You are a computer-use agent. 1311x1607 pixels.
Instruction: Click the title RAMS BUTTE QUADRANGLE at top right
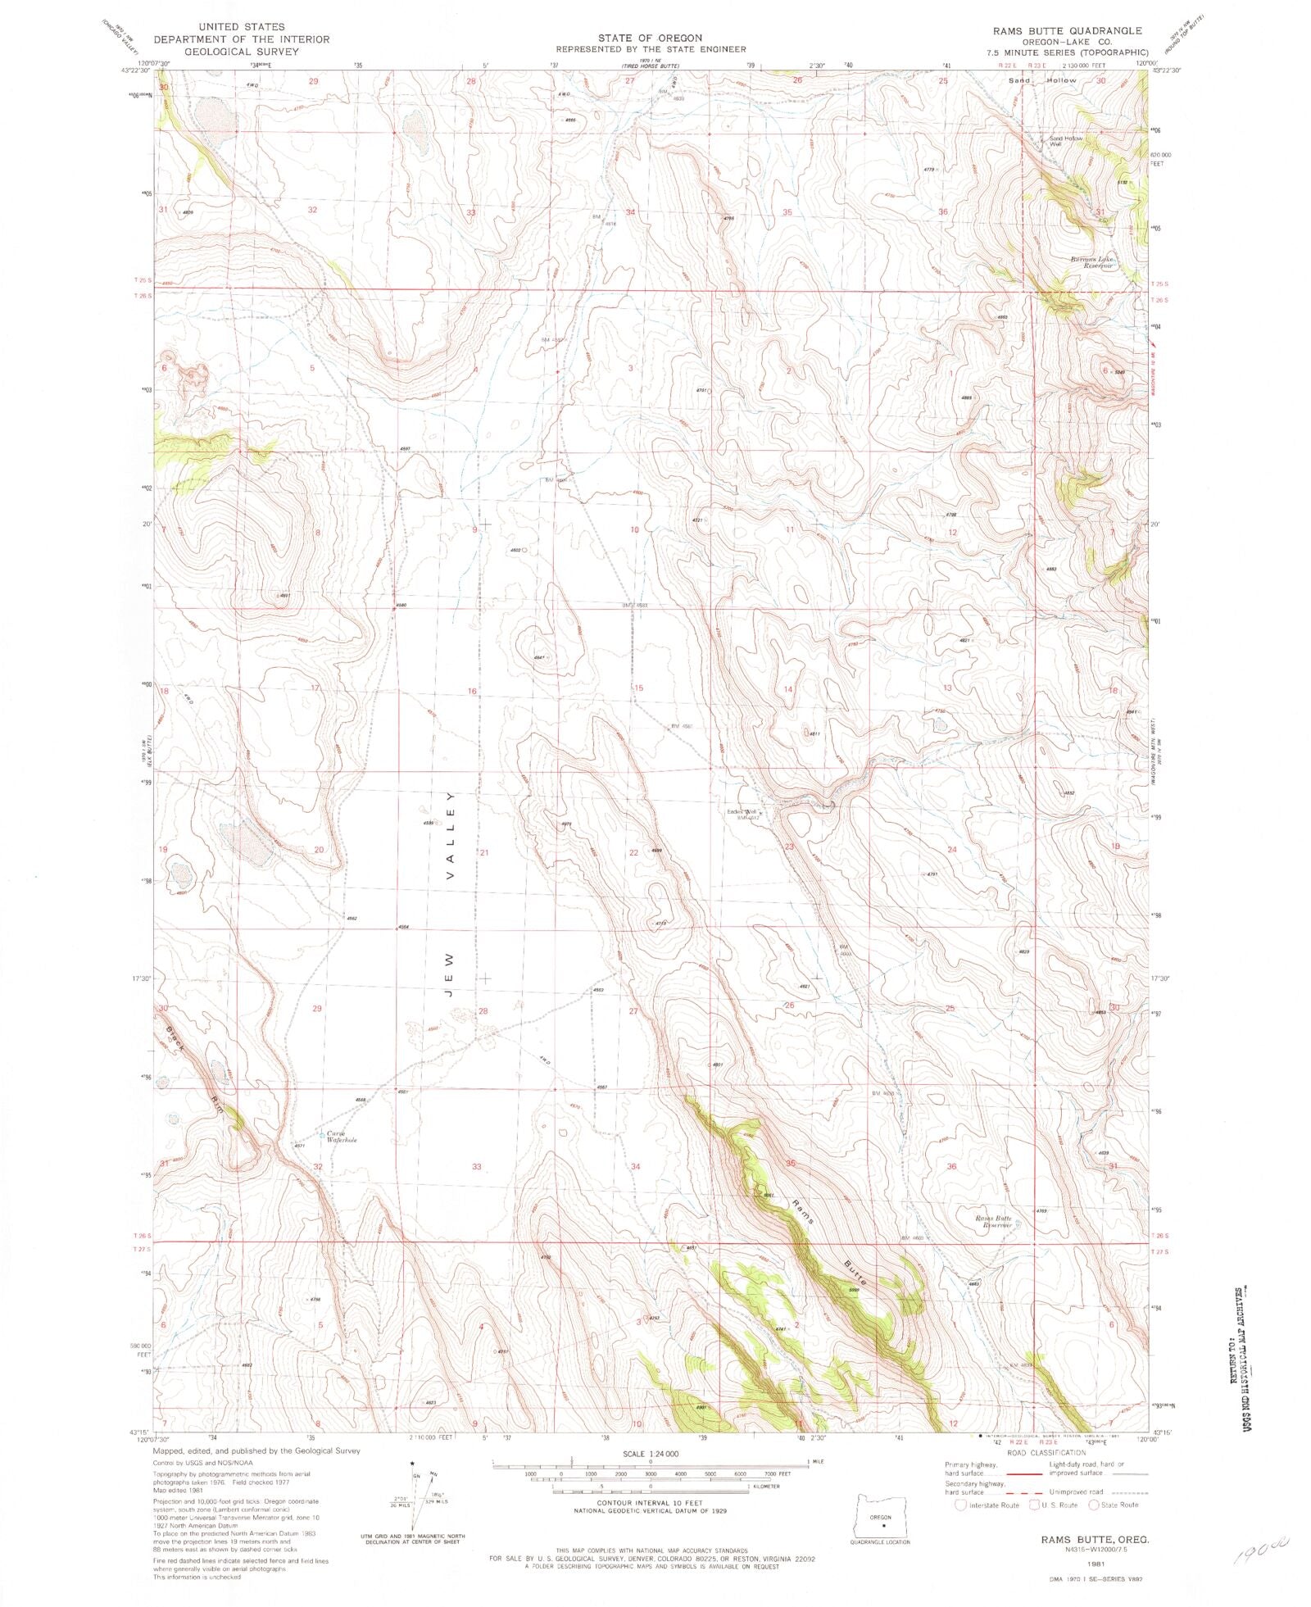pos(1066,30)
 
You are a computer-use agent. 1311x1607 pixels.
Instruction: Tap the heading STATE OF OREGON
pos(650,38)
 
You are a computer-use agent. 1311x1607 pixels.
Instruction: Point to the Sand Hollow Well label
pos(1066,141)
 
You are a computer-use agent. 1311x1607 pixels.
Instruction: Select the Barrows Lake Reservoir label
pos(1092,263)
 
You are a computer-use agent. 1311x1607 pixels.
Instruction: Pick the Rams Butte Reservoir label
pos(993,1222)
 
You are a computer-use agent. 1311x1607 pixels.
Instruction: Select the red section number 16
pos(472,692)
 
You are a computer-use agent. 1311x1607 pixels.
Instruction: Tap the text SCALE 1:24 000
pos(651,1453)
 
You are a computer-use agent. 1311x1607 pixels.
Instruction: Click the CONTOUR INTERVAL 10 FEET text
pos(651,1503)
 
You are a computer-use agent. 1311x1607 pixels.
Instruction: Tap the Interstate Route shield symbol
pos(960,1505)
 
